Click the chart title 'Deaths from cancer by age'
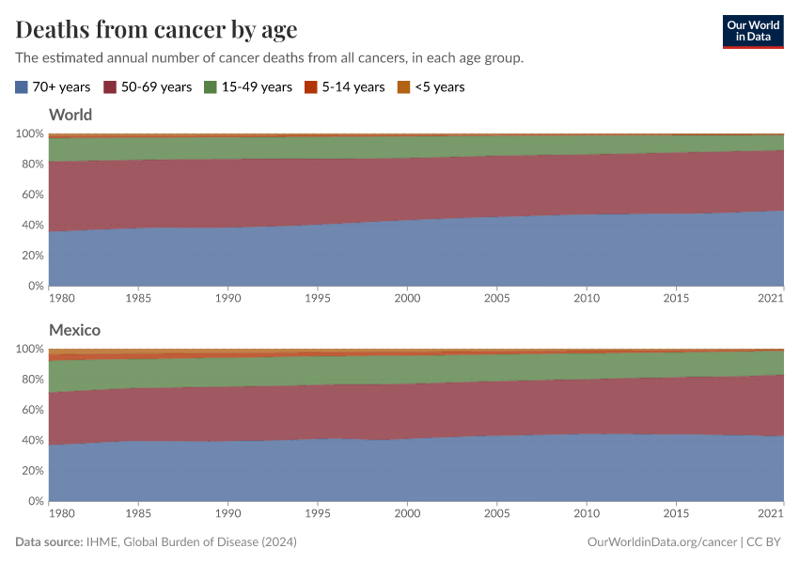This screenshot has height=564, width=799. point(156,29)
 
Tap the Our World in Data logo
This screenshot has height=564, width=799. point(752,31)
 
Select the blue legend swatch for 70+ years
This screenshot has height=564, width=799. point(22,87)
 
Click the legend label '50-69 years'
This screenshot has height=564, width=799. point(156,87)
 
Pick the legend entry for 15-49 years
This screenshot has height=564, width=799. point(257,87)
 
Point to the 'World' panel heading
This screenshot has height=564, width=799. point(70,116)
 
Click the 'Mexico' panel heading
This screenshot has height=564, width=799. point(74,331)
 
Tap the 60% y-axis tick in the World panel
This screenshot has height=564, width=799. point(30,195)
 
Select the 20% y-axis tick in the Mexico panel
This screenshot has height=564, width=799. point(30,471)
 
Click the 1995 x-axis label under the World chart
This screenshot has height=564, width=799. point(318,299)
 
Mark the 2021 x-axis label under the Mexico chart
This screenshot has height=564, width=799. point(771,514)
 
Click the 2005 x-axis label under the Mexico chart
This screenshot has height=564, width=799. point(496,514)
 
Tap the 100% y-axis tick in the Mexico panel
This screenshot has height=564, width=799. point(28,349)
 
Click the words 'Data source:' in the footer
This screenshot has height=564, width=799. point(49,542)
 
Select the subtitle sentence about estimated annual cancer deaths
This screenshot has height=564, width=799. point(269,58)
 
